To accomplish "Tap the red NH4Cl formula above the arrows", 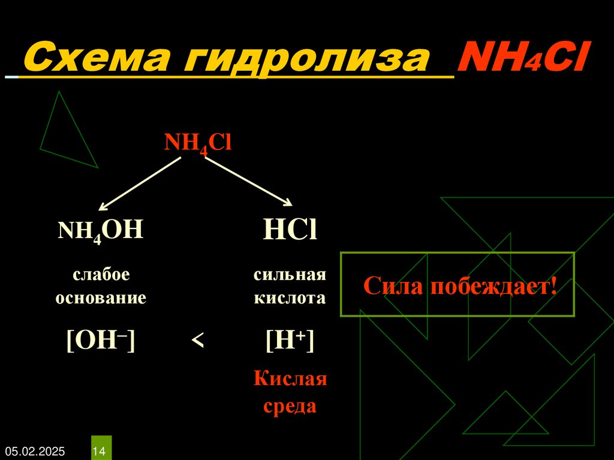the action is pyautogui.click(x=198, y=144).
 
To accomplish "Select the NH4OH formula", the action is pyautogui.click(x=101, y=230).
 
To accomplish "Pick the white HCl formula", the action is pyautogui.click(x=290, y=231).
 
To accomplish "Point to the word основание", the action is pyautogui.click(x=101, y=297).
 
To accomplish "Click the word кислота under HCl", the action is pyautogui.click(x=290, y=297).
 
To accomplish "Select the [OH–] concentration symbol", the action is pyautogui.click(x=101, y=341).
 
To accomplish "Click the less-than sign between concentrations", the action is pyautogui.click(x=198, y=341).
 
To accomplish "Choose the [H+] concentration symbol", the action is pyautogui.click(x=290, y=341).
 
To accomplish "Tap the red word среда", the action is pyautogui.click(x=290, y=406).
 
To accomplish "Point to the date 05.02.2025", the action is pyautogui.click(x=35, y=450).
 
